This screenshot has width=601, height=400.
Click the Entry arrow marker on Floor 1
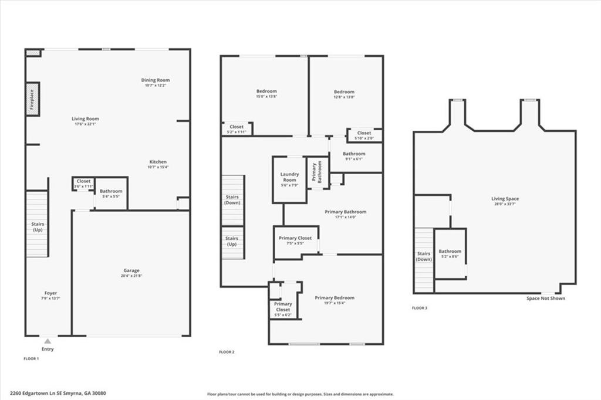coord(48,340)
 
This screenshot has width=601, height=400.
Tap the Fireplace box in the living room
coord(32,99)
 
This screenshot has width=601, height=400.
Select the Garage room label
coord(131,273)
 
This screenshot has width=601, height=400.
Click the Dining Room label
coord(156,82)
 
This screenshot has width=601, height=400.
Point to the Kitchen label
coord(157,164)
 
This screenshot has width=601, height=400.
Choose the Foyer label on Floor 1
coord(50,296)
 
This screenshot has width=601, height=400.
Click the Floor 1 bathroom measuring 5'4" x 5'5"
coord(111,194)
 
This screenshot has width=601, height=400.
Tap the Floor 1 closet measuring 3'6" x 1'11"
coord(83,184)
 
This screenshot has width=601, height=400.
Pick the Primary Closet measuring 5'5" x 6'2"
coord(283,309)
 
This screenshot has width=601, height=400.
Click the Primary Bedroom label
coord(334,300)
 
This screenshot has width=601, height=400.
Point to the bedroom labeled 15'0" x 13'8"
coord(266,94)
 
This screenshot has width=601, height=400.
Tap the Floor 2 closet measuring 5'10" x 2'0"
coord(364,135)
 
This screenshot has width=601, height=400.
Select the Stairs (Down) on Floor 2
coord(232,200)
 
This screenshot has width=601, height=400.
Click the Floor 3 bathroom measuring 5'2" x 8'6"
coord(450,253)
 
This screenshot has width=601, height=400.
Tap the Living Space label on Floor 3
coord(505,201)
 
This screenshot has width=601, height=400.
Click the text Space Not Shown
coord(546,298)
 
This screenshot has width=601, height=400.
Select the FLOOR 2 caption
coord(227,352)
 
